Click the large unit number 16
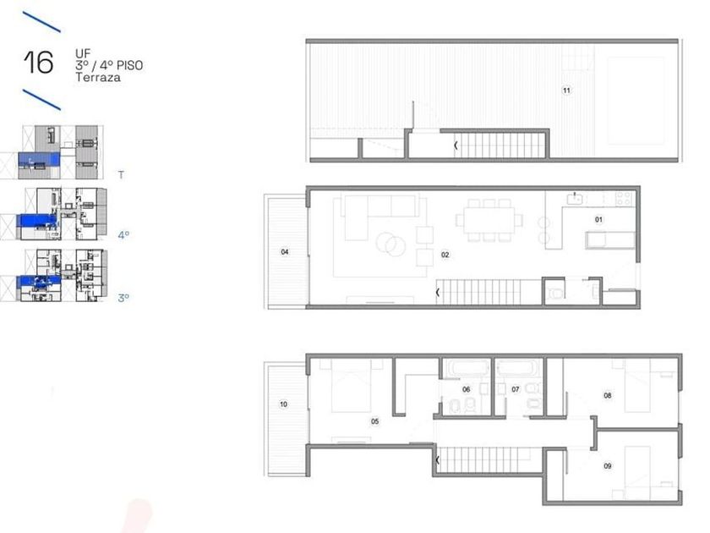point(39,62)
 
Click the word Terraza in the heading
point(98,78)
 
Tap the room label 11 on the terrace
point(566,91)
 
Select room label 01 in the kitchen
point(598,219)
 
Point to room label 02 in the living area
point(445,255)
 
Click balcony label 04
point(285,251)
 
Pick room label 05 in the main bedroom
point(375,421)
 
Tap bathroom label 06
point(466,389)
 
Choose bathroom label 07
point(516,389)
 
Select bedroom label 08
point(608,395)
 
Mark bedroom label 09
point(608,465)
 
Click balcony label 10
point(283,404)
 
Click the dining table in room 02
point(489,220)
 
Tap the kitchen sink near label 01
point(575,199)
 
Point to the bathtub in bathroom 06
point(467,368)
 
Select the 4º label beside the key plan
point(123,235)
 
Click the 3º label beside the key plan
point(123,298)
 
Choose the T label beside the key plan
point(121,174)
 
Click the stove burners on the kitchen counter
point(624,199)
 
